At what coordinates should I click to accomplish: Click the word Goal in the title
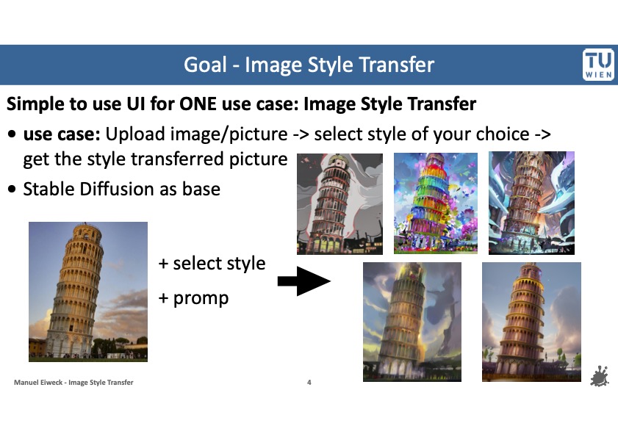(205, 65)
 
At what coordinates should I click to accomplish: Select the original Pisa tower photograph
(87, 291)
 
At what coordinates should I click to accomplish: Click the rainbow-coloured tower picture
(436, 203)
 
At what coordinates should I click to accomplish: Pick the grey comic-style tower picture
(339, 203)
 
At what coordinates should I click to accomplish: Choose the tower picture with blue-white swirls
(531, 203)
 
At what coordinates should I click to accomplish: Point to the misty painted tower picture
(412, 322)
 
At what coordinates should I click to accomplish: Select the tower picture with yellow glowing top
(531, 321)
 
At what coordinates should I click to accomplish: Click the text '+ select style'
(212, 263)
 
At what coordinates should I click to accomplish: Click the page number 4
(309, 383)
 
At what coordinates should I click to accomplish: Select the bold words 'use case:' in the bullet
(62, 134)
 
